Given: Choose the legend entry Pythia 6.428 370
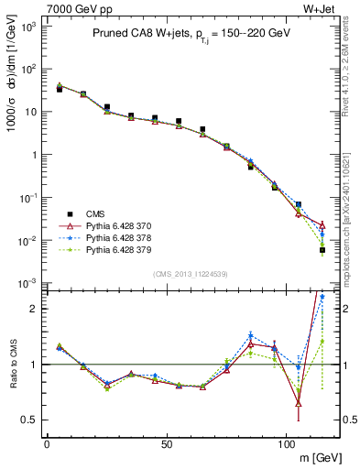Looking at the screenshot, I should point(113,224).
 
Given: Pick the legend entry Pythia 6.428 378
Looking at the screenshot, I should point(113,236).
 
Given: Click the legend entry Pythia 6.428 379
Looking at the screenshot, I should point(113,248).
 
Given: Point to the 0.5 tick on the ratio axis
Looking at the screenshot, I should point(32,420).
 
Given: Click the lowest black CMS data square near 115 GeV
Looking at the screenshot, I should point(322,250).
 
